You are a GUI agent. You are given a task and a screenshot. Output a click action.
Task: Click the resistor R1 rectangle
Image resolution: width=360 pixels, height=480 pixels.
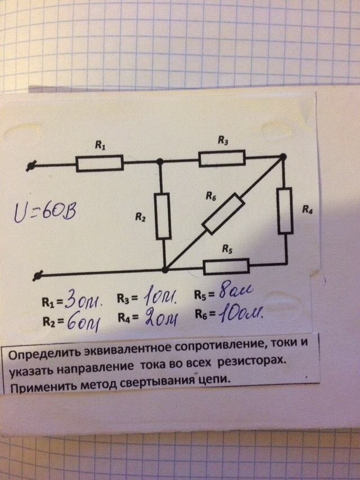coord(100,162)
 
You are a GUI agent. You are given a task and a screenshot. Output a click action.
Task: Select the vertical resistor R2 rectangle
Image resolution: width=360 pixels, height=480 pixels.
coord(163,216)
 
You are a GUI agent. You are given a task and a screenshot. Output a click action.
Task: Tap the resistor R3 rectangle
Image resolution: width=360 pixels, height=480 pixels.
coord(222,158)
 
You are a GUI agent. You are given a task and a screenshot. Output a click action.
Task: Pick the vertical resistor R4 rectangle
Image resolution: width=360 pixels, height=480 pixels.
coord(285,211)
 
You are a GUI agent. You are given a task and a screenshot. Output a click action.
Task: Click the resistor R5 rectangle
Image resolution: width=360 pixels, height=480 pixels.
coord(227,266)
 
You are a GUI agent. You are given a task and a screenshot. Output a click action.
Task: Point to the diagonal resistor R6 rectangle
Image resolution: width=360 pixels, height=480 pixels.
coord(223,214)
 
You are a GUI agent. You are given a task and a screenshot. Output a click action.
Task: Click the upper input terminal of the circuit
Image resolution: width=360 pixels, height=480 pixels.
coord(30,166)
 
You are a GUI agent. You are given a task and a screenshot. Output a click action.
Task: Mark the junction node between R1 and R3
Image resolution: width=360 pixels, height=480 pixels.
coord(159,161)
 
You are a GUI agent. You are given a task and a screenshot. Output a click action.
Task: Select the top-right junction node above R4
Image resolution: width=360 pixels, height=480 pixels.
coord(283,157)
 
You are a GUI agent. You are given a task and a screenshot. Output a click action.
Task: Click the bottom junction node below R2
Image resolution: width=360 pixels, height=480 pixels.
coord(165,270)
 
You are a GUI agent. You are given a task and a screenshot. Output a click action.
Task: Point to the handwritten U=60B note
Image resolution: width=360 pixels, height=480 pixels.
coord(45,212)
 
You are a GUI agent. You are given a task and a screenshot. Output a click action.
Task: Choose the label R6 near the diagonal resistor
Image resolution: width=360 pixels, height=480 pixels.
coord(211,196)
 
